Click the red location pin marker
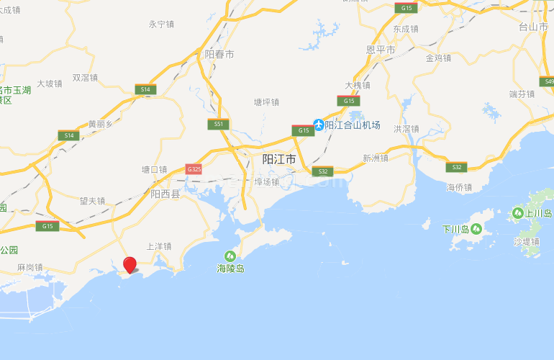click(130, 264)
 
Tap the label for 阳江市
click(278, 159)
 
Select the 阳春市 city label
click(219, 55)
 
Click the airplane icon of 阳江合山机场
click(317, 125)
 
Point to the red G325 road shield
click(194, 169)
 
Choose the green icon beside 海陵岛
click(230, 255)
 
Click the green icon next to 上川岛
click(518, 213)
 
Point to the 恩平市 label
click(381, 50)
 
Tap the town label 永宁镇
click(161, 24)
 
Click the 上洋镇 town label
click(159, 246)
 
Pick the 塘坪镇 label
click(266, 103)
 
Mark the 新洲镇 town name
click(375, 158)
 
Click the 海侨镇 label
click(458, 187)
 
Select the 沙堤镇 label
click(526, 243)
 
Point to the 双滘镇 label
click(86, 78)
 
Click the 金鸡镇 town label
click(438, 58)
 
